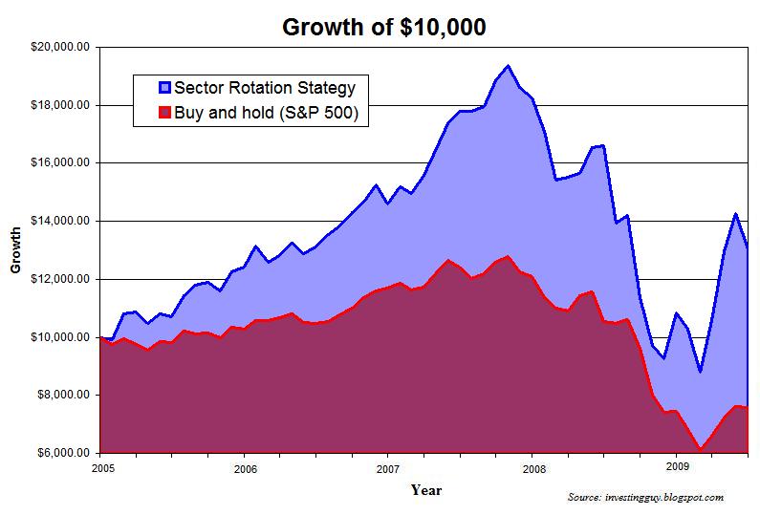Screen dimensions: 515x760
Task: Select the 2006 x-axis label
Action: point(245,468)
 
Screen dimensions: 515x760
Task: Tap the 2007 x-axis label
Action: point(388,468)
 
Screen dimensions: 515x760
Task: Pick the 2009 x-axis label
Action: point(676,468)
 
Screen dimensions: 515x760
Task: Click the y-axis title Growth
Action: point(15,249)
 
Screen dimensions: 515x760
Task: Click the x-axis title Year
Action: point(426,490)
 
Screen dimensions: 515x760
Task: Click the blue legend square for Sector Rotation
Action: point(163,88)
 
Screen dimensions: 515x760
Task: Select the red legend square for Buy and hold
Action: point(163,112)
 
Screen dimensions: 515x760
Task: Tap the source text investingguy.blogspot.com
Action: point(645,498)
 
